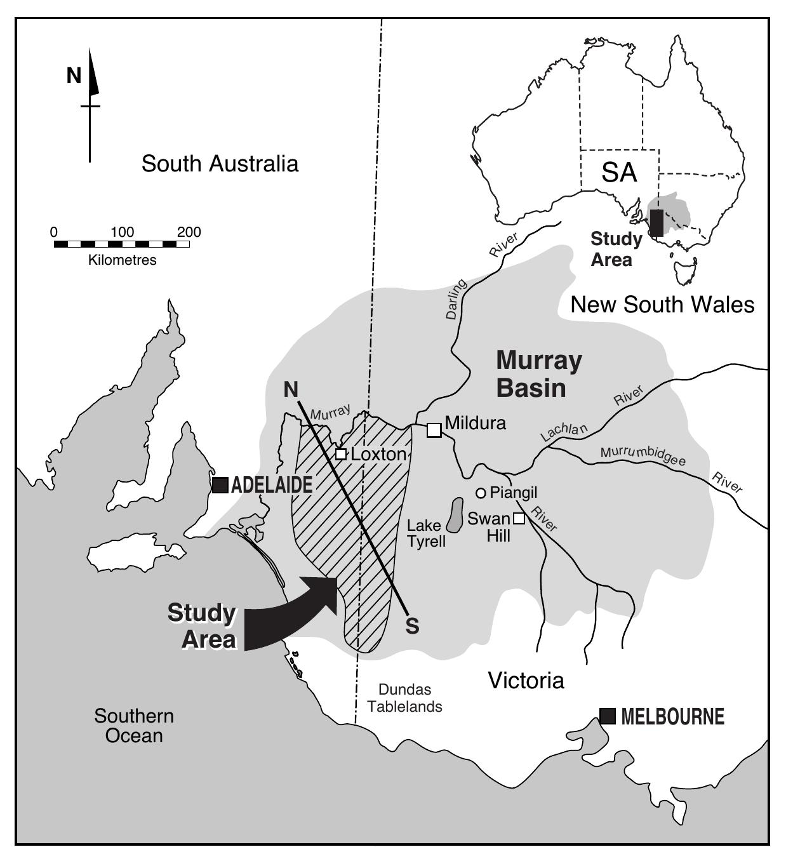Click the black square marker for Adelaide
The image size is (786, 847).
pos(220,485)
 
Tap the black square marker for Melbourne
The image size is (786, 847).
pos(608,716)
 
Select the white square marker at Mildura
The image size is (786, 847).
pos(434,430)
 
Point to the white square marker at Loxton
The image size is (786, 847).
pos(341,454)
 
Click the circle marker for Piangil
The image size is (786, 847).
pos(481,493)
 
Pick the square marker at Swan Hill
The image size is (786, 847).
pos(519,518)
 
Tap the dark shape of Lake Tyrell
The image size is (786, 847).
pos(455,515)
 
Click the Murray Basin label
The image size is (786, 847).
pos(538,373)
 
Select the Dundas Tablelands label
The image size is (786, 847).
pos(404,698)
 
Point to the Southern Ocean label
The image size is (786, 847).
pos(134,726)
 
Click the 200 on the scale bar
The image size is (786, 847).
pos(189,232)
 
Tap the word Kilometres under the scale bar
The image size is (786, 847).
pos(122,260)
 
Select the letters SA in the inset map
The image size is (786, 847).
pos(618,172)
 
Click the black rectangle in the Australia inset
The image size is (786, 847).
pos(656,223)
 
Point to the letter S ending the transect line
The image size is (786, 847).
pos(413,626)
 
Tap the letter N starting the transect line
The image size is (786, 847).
pos(291,389)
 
